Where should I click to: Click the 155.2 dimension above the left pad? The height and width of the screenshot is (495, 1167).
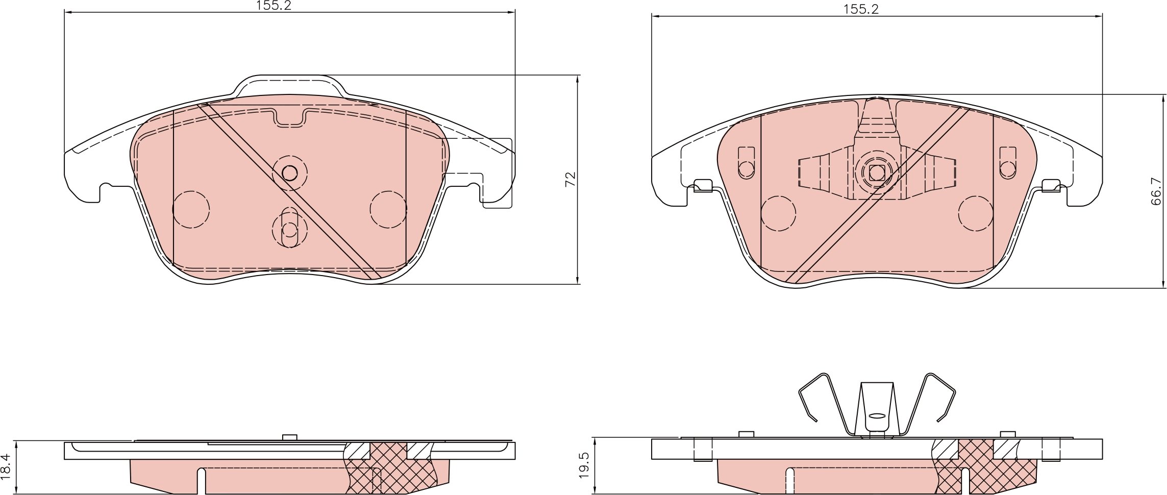click(274, 6)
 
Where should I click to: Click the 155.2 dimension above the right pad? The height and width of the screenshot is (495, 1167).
click(860, 9)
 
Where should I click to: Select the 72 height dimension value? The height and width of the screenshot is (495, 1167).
click(570, 179)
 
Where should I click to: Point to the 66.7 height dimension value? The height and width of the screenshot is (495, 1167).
click(1156, 191)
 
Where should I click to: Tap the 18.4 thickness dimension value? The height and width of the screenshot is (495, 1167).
click(6, 466)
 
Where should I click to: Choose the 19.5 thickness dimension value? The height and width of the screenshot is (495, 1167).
click(584, 465)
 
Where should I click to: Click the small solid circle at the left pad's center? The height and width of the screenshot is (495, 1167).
click(289, 174)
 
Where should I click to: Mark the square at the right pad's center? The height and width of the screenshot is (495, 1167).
click(877, 173)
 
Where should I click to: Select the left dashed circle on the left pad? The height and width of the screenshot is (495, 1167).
click(191, 209)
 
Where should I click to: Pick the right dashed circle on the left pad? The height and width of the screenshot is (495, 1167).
click(388, 209)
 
